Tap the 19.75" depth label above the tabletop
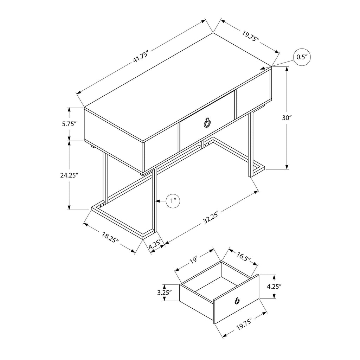pyautogui.click(x=250, y=37)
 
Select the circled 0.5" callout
pyautogui.click(x=302, y=57)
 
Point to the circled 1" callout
pyautogui.click(x=173, y=201)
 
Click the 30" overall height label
pyautogui.click(x=287, y=118)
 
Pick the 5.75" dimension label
pyautogui.click(x=69, y=124)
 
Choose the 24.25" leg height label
pyautogui.click(x=69, y=175)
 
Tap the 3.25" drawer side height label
pyautogui.click(x=165, y=292)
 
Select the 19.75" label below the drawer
pyautogui.click(x=244, y=324)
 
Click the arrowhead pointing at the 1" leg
pyautogui.click(x=158, y=201)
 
